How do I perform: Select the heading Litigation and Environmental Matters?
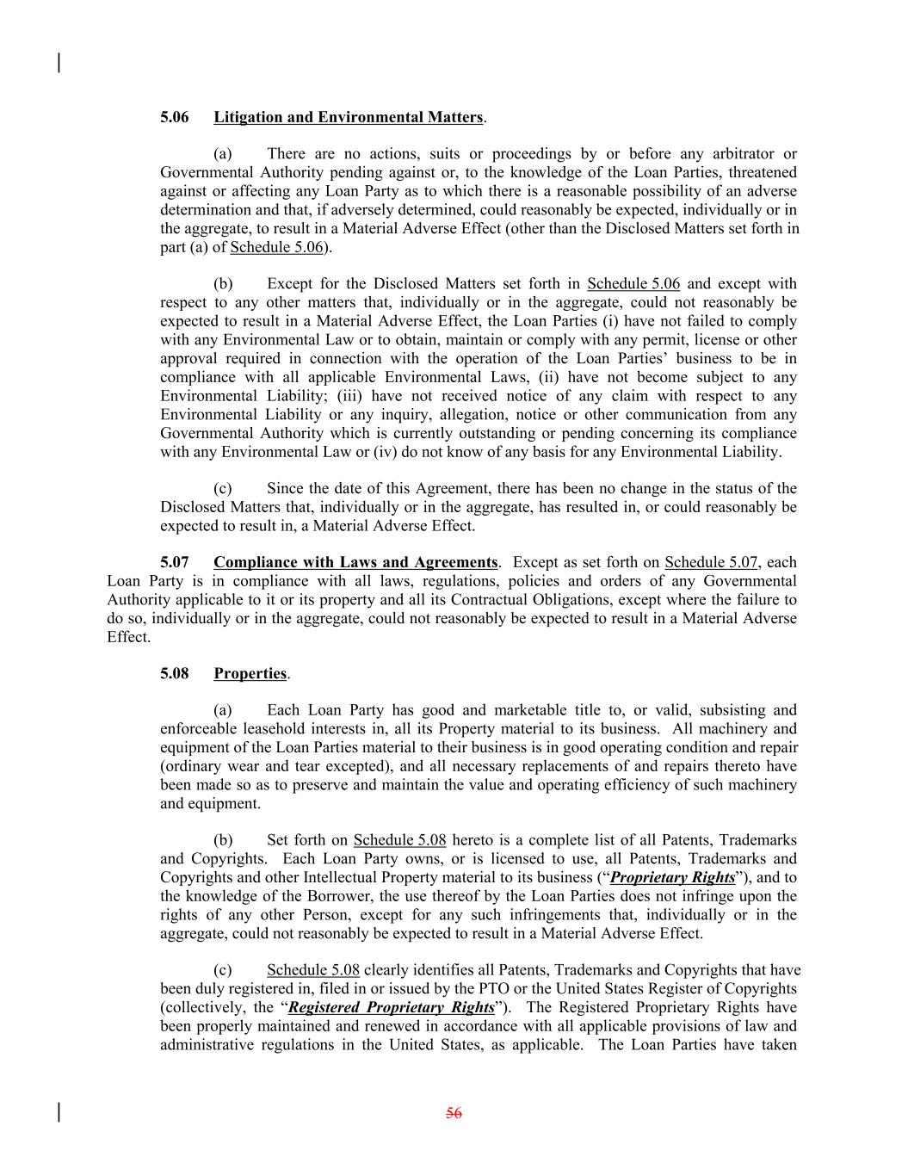tap(348, 117)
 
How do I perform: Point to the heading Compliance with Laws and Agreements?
tap(355, 563)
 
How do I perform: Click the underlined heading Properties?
tap(250, 674)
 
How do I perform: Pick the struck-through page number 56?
tap(454, 1113)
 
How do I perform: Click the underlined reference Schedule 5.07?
tap(711, 563)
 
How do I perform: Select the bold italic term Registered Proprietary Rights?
tap(391, 1008)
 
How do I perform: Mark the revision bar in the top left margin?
tap(59, 63)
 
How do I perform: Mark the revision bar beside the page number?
tap(59, 1112)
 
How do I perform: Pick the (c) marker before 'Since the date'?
tap(223, 489)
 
